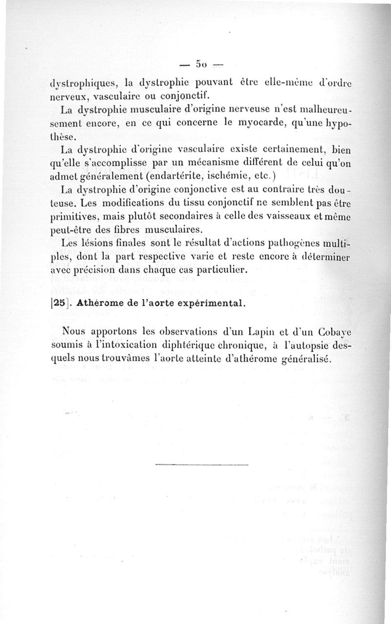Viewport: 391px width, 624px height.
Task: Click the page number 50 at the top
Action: pos(200,64)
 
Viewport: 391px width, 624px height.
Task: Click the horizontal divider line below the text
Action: pos(202,464)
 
